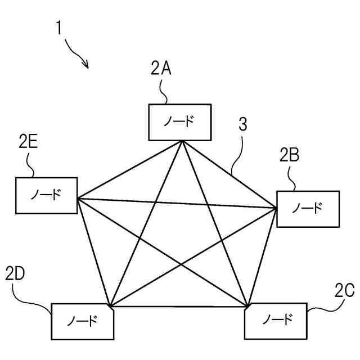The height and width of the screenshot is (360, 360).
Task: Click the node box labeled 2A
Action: pos(180,122)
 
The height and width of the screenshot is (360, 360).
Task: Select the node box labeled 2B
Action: pos(308,209)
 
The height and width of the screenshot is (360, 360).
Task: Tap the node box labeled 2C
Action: pos(276,321)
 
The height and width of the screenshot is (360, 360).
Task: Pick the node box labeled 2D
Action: pos(82,321)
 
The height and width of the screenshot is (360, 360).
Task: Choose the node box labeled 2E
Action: pos(47,195)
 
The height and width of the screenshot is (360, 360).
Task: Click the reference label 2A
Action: pos(161,69)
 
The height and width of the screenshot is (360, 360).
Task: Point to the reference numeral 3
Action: pos(242,125)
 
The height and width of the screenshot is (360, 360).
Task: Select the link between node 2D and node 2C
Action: pos(180,307)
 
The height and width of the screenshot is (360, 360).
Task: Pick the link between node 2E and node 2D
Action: pos(94,250)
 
